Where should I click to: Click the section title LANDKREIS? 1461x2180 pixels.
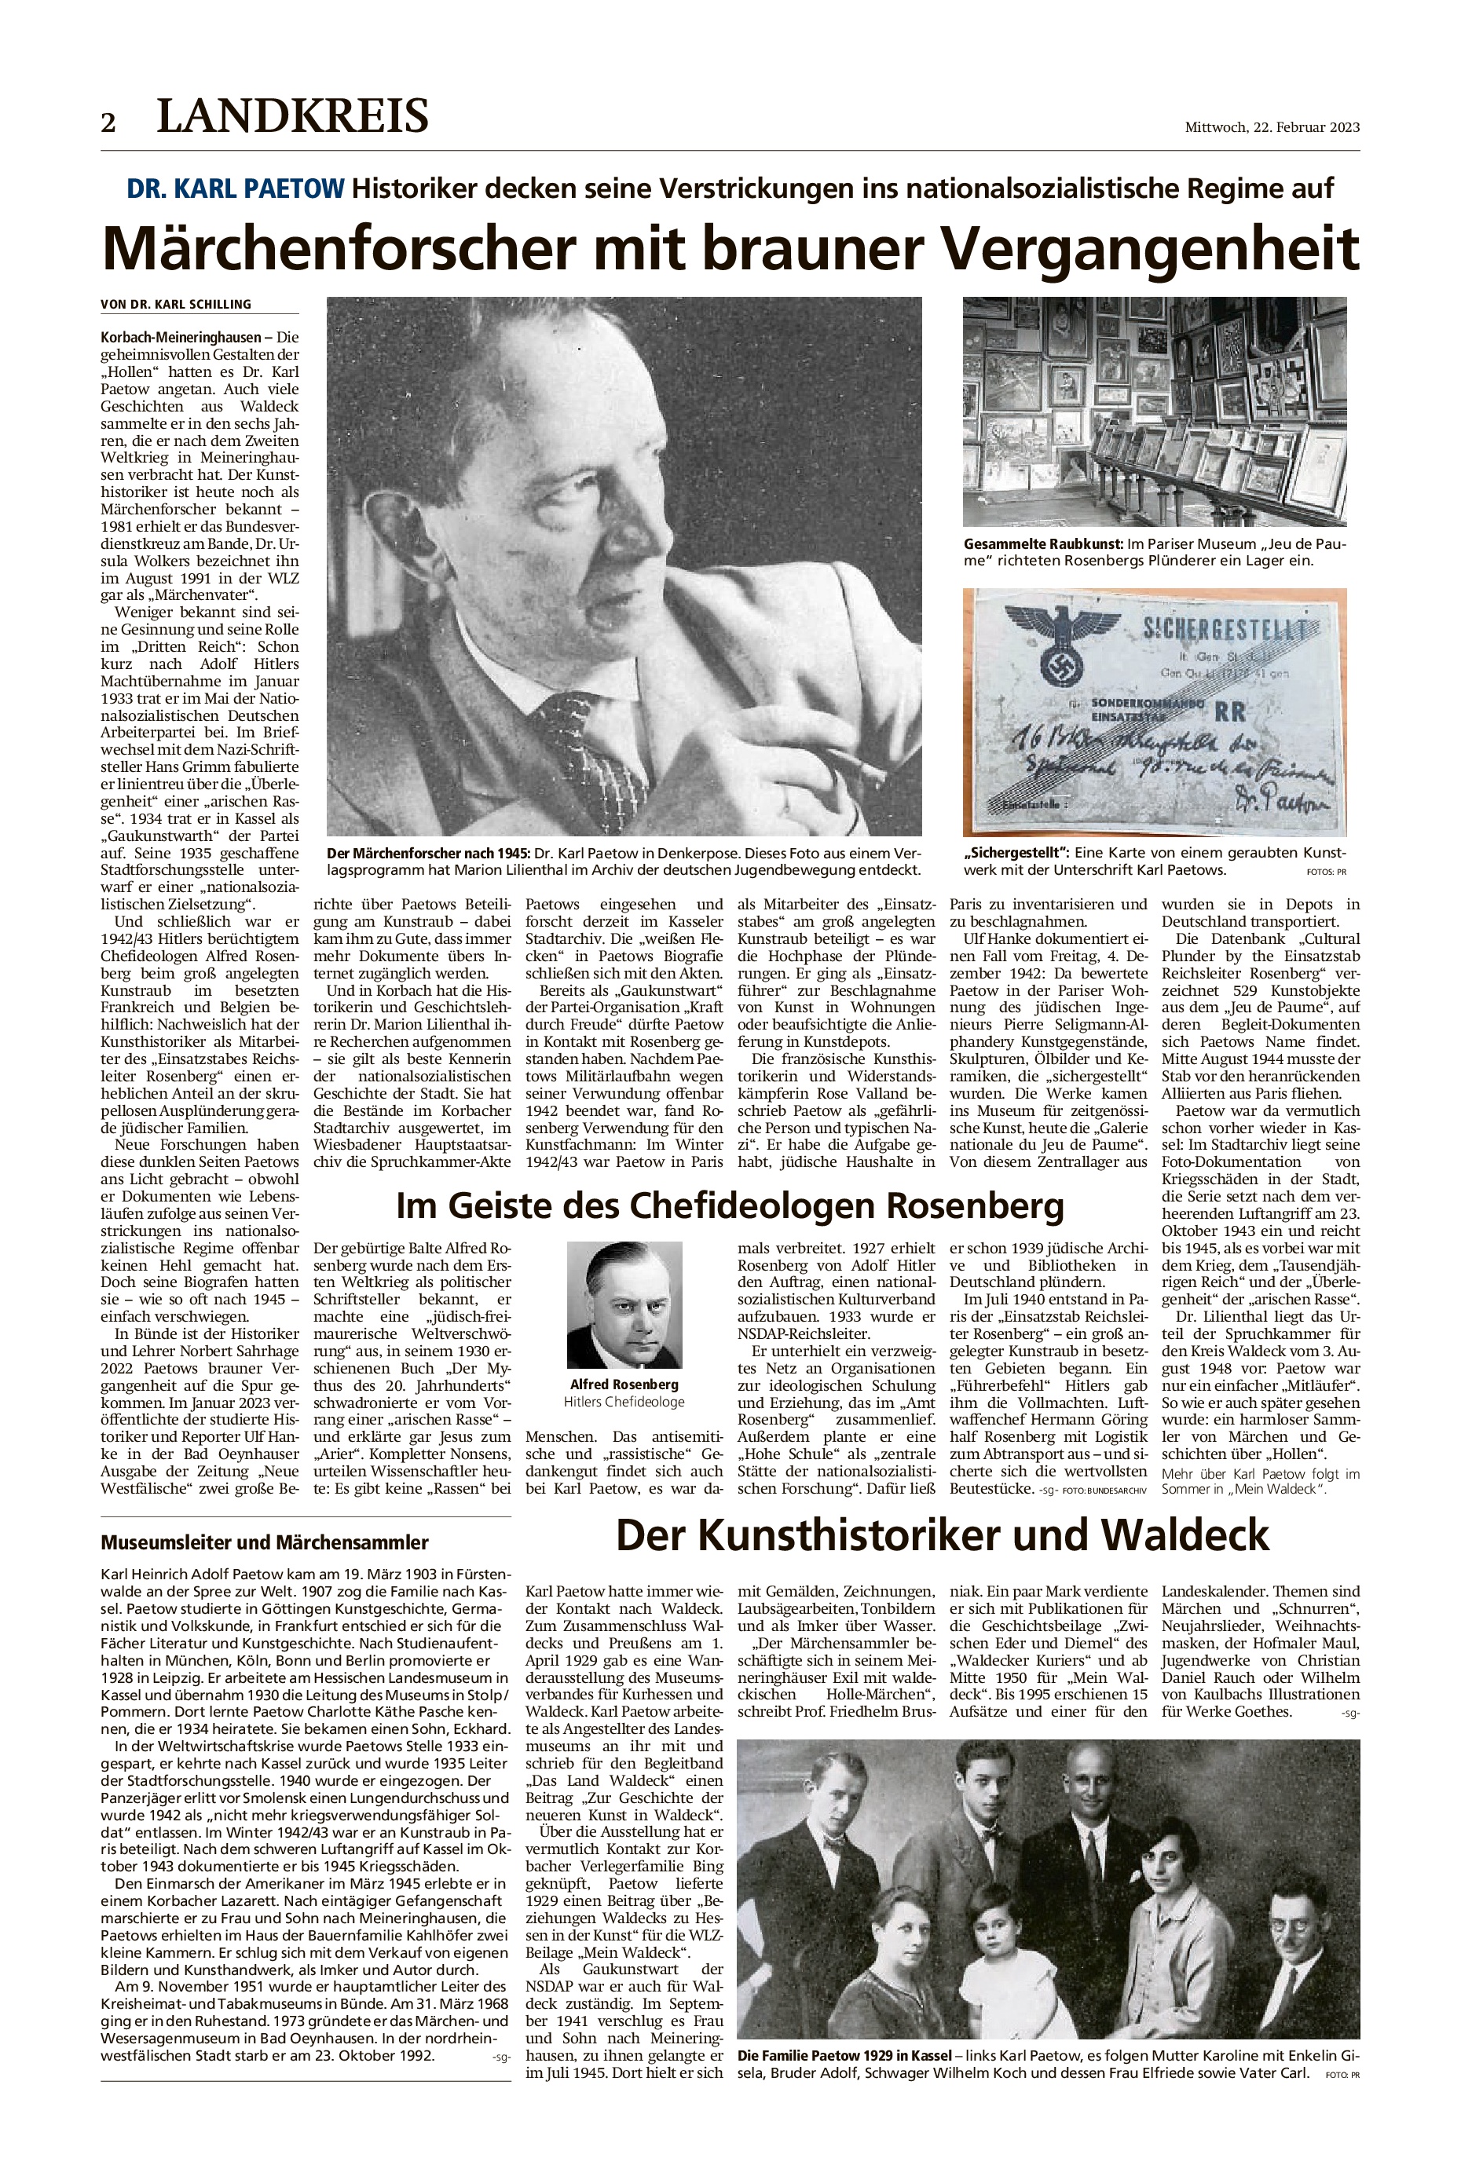(x=292, y=116)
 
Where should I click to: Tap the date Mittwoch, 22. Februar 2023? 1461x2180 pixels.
(x=1272, y=128)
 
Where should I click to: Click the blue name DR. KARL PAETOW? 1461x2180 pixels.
(x=235, y=189)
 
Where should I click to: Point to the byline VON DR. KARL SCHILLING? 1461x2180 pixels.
(x=176, y=305)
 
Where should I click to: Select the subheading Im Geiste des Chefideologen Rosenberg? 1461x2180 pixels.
(x=730, y=1205)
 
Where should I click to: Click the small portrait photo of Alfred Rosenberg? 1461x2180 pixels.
(x=624, y=1304)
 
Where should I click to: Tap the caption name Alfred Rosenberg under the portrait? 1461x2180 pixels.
(x=624, y=1384)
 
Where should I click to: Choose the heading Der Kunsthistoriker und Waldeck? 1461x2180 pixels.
(x=943, y=1534)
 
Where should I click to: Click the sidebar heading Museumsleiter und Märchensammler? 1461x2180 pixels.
(x=265, y=1542)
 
